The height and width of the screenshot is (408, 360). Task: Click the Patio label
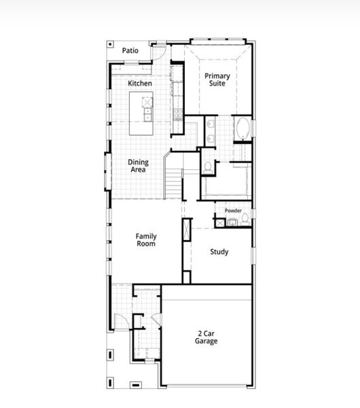(x=130, y=50)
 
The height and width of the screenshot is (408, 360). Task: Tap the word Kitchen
(x=140, y=83)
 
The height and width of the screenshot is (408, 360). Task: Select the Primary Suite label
(x=217, y=79)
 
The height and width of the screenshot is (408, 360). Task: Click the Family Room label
(x=146, y=239)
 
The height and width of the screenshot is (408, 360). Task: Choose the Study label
(x=219, y=252)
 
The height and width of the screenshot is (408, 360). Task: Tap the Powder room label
(x=233, y=211)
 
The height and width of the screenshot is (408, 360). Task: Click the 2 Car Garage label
(x=207, y=337)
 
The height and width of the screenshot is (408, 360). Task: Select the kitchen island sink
(x=147, y=103)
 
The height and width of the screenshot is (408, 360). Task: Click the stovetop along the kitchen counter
(x=178, y=113)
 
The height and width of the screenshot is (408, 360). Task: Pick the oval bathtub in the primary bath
(x=243, y=129)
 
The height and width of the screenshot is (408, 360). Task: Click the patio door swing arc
(x=159, y=53)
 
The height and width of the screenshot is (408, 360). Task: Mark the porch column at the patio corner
(x=110, y=46)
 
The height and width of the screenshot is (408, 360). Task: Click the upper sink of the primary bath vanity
(x=210, y=124)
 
